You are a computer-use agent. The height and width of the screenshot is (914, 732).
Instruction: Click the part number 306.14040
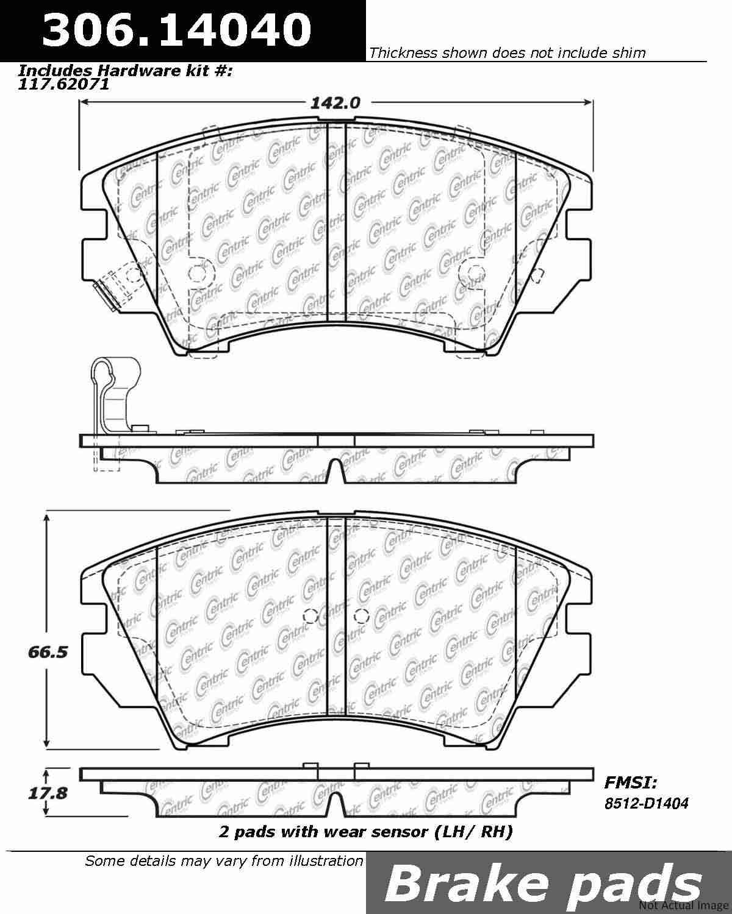click(x=176, y=29)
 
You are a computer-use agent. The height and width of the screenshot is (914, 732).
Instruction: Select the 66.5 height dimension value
click(x=47, y=652)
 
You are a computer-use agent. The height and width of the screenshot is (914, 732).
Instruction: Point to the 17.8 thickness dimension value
click(x=47, y=794)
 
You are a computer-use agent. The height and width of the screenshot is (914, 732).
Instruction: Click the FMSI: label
click(x=631, y=782)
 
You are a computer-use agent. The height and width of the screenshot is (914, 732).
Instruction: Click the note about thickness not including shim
click(x=507, y=53)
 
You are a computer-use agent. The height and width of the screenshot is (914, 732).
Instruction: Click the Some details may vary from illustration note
click(x=224, y=860)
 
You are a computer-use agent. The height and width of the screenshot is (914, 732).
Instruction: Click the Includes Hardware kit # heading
click(x=126, y=71)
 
